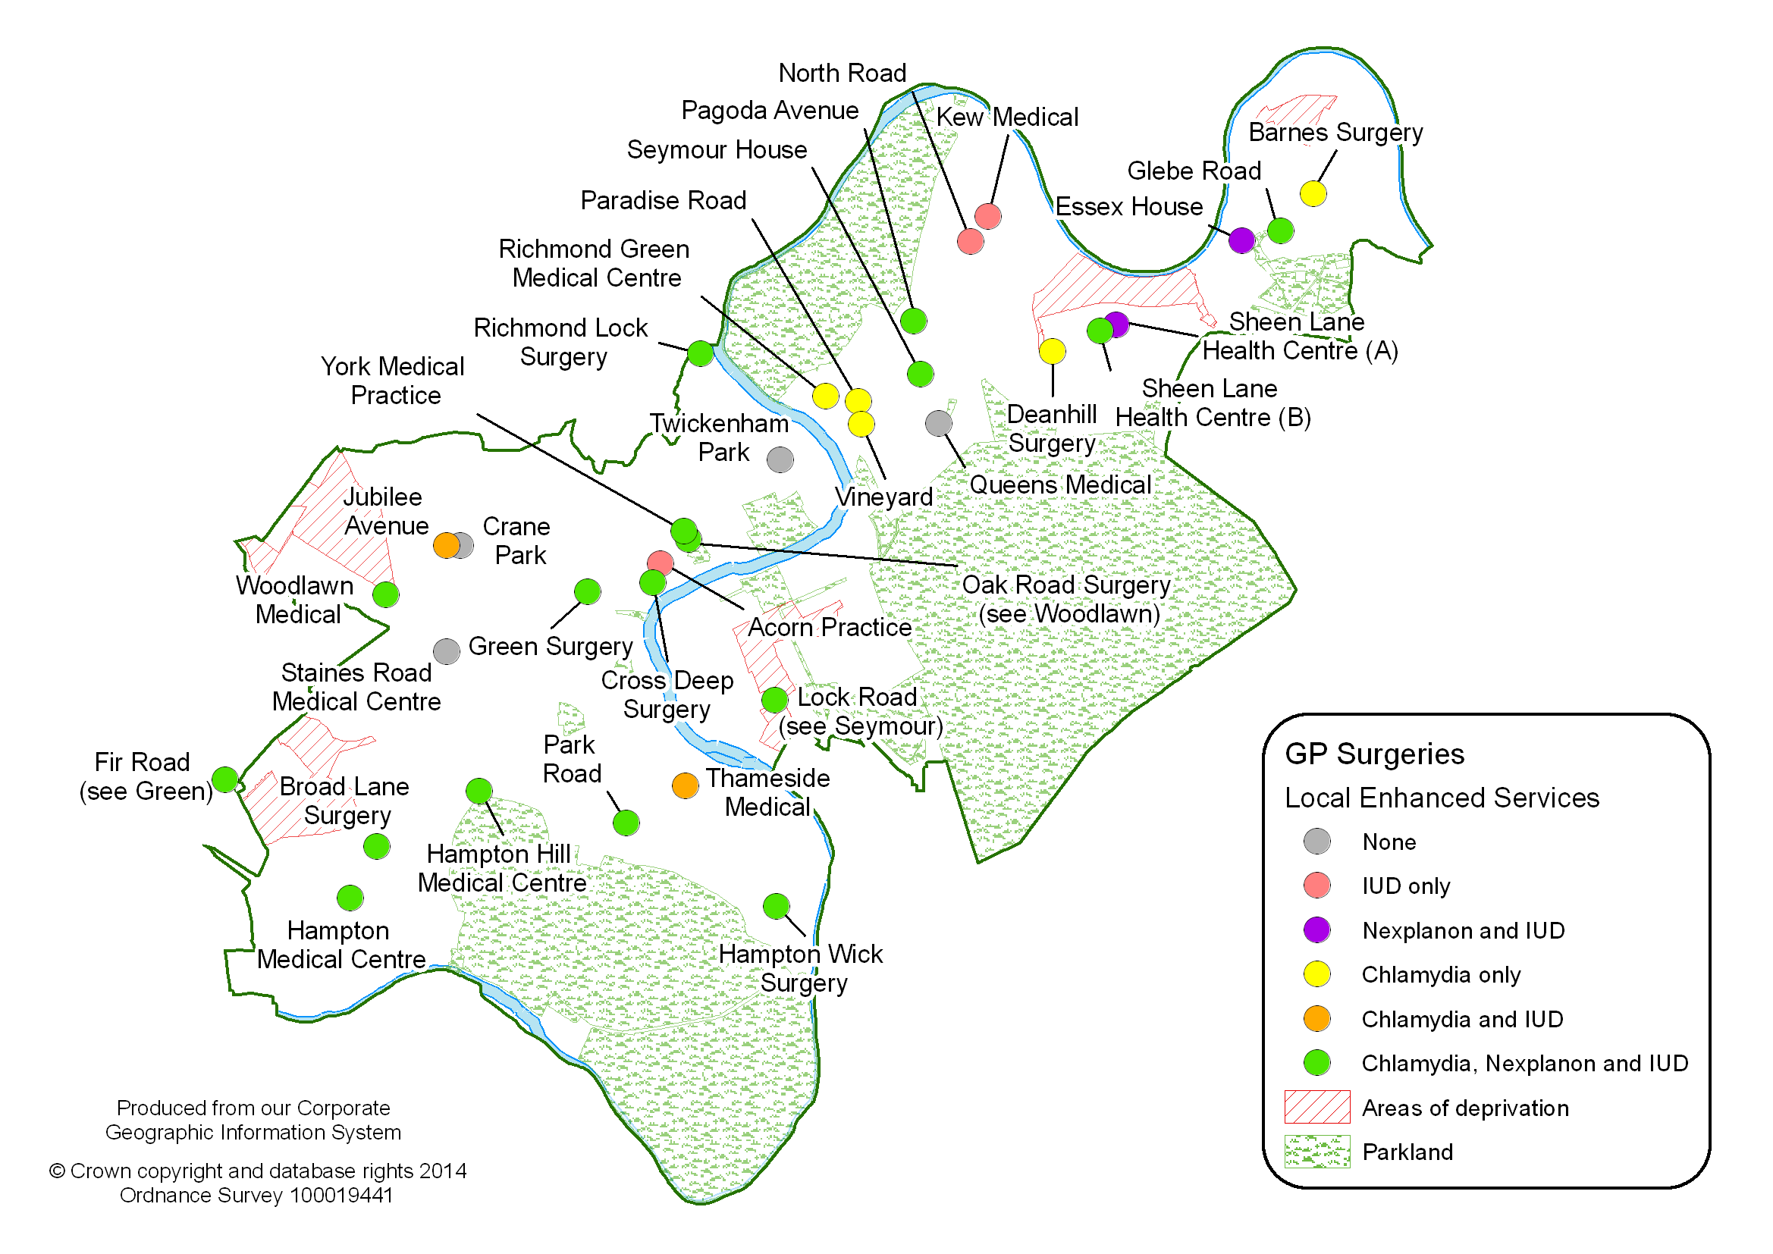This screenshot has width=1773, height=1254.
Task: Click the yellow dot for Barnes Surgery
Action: tap(1313, 193)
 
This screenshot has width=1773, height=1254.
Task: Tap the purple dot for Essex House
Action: tap(1241, 240)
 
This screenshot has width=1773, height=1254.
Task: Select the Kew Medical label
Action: tap(1007, 118)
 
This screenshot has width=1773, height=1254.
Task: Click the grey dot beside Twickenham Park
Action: tap(780, 459)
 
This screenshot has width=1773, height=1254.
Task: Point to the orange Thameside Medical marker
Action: tap(685, 785)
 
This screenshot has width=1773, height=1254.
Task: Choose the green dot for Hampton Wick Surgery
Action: tap(776, 906)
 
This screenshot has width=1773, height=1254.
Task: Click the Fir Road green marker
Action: tap(224, 779)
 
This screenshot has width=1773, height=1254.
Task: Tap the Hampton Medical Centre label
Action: tap(340, 945)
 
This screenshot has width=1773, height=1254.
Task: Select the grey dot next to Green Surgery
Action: tap(447, 651)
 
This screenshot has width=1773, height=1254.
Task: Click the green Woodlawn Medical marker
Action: tap(386, 594)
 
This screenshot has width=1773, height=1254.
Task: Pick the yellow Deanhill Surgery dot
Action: tap(1052, 351)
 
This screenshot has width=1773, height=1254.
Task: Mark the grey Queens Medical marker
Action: tap(938, 422)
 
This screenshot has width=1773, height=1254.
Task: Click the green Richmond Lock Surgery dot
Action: tap(701, 353)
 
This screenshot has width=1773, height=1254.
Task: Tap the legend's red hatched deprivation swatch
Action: tap(1316, 1106)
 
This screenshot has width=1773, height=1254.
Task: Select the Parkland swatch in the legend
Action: tap(1316, 1152)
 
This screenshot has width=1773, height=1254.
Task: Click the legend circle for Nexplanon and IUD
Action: tap(1316, 930)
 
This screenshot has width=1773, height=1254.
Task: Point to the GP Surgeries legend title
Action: tap(1375, 754)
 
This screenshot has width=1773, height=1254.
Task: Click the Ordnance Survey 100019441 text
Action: tap(256, 1196)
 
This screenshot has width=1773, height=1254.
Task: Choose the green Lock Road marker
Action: tap(774, 700)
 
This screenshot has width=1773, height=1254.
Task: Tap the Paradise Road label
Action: tap(664, 201)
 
